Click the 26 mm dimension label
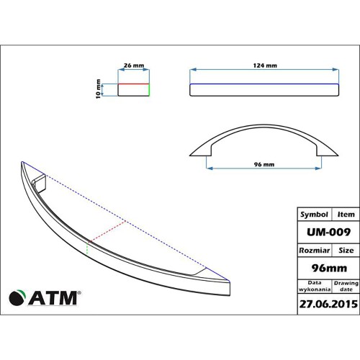132,66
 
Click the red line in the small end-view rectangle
132,84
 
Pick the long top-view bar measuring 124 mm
265,89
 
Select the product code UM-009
327,232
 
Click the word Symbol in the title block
314,215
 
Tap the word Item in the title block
345,215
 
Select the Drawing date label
345,287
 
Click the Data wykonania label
315,287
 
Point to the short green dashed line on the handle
88,248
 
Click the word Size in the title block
345,251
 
